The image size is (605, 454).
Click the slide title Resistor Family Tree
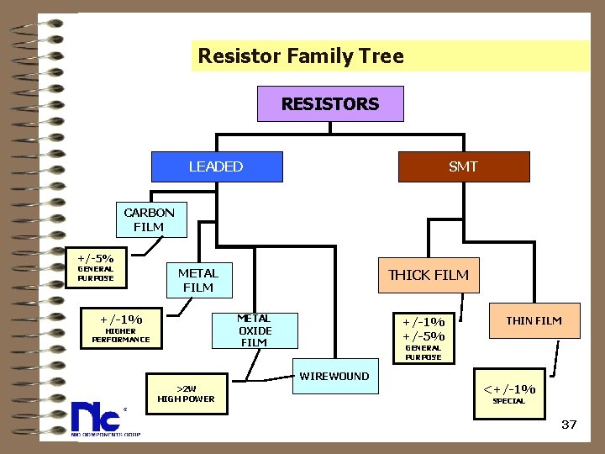[x=301, y=56]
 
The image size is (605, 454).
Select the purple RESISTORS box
[x=330, y=104]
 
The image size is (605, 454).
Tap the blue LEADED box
[x=216, y=166]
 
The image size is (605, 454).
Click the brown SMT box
[x=463, y=166]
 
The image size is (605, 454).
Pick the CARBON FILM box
[x=149, y=219]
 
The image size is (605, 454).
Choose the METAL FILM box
[x=198, y=280]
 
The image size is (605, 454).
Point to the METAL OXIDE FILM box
[x=254, y=330]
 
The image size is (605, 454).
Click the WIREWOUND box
[x=334, y=377]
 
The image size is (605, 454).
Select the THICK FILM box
[x=429, y=275]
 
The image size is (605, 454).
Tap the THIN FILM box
[x=534, y=320]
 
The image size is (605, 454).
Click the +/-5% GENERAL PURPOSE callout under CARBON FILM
[x=96, y=267]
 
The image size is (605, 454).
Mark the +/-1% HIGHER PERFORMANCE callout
[x=121, y=328]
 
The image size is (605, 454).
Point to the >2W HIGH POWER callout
[x=186, y=393]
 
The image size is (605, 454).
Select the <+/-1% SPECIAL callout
[x=508, y=393]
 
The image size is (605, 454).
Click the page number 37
[x=569, y=425]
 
